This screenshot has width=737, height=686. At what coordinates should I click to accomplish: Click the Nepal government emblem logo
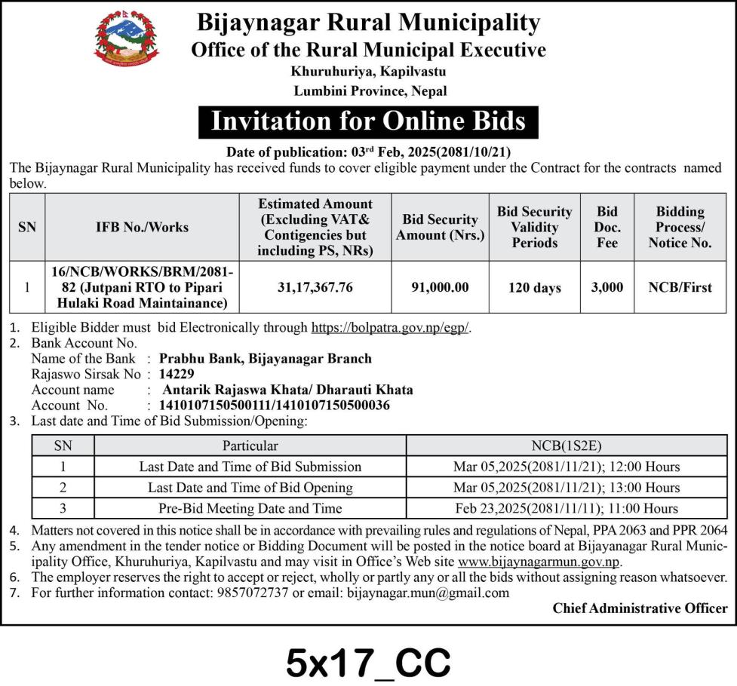point(127,38)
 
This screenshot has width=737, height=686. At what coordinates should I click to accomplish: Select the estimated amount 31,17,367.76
point(315,287)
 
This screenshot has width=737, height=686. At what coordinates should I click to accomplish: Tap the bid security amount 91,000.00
point(440,287)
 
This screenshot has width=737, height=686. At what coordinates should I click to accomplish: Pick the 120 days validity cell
point(534,287)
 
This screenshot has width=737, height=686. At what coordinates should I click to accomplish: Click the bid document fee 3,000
point(606,287)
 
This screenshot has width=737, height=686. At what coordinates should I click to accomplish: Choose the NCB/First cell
point(680,287)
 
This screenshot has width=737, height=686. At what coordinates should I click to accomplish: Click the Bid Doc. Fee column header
point(606,227)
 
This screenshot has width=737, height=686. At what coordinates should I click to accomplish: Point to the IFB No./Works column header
point(141,227)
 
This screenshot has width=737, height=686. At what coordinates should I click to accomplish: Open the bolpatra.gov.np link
point(390,329)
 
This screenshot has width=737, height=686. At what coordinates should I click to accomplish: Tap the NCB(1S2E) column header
point(567,446)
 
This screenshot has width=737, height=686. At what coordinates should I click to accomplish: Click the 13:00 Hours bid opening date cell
point(567,488)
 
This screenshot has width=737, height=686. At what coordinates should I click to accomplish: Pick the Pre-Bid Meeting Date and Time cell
point(250,508)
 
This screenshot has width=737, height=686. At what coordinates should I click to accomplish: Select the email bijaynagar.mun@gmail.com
point(428,593)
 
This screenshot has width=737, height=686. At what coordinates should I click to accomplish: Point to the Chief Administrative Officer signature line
point(640,608)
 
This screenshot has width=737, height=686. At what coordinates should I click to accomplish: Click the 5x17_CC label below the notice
point(368,663)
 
